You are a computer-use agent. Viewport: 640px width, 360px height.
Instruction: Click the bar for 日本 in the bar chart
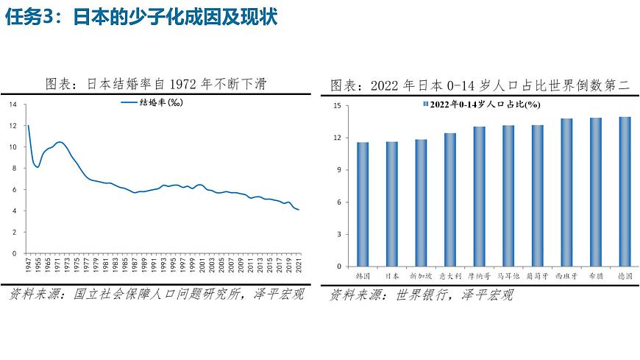[392, 204]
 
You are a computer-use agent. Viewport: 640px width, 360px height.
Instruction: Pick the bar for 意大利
[449, 200]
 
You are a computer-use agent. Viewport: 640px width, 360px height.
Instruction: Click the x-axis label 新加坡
[421, 276]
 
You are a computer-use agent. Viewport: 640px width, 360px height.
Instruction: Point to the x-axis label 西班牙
[566, 276]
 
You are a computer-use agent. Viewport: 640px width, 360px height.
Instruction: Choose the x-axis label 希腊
[595, 276]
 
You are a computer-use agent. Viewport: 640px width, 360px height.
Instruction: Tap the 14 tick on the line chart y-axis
[12, 105]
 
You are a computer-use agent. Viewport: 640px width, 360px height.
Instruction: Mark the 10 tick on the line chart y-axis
[12, 147]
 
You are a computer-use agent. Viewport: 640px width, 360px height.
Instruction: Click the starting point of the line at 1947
[28, 126]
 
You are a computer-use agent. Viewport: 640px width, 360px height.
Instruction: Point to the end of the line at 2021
[299, 210]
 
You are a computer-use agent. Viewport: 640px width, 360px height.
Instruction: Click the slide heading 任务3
[32, 17]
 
